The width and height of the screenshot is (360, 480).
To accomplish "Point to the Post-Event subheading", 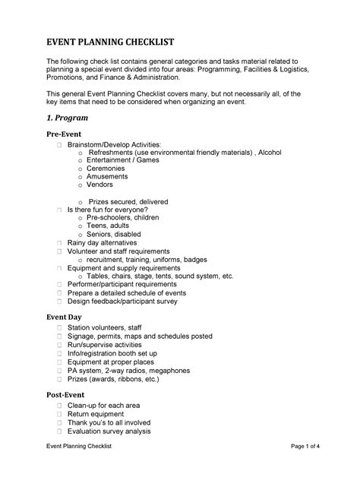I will pos(66,395).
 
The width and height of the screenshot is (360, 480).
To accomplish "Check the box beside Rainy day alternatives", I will pos(58,243).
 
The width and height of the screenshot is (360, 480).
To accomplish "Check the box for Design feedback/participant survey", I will pos(58,302).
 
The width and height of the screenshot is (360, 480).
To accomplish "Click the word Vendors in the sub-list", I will pos(99,185).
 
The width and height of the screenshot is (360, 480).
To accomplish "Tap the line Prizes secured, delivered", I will pos(126,201).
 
